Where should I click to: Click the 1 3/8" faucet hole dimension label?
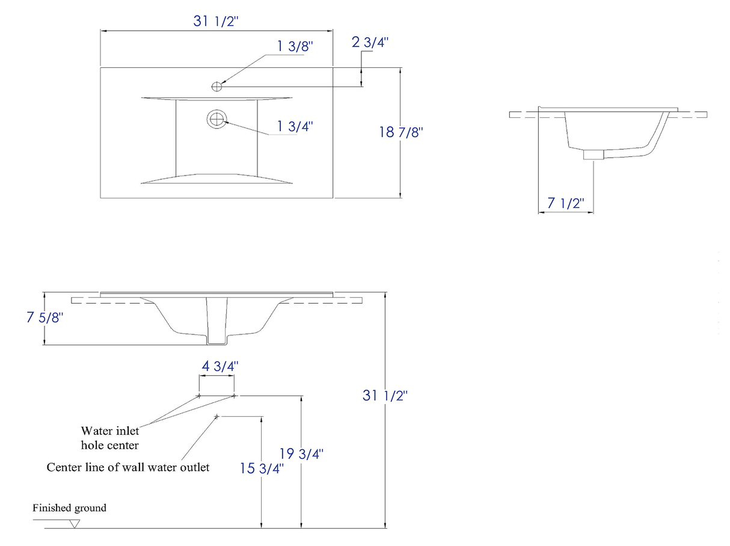point(295,47)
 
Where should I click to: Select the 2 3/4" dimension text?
point(370,42)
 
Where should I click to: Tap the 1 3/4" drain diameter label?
point(295,126)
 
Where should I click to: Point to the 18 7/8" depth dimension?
point(401,132)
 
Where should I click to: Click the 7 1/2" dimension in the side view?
point(566,203)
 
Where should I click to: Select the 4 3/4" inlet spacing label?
point(219,366)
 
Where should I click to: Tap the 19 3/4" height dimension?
point(302,454)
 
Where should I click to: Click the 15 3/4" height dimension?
point(262,468)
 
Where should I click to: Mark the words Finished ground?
point(69,508)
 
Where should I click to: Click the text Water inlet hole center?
point(110,438)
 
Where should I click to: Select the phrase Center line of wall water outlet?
point(128,467)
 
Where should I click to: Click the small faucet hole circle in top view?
point(217,87)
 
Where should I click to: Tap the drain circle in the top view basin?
point(216,119)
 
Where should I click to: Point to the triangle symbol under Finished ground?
point(75,524)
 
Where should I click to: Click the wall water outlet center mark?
point(216,417)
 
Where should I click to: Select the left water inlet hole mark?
point(199,396)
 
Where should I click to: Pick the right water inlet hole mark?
point(234,396)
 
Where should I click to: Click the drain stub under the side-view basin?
point(594,155)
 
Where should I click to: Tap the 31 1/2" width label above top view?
point(216,21)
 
